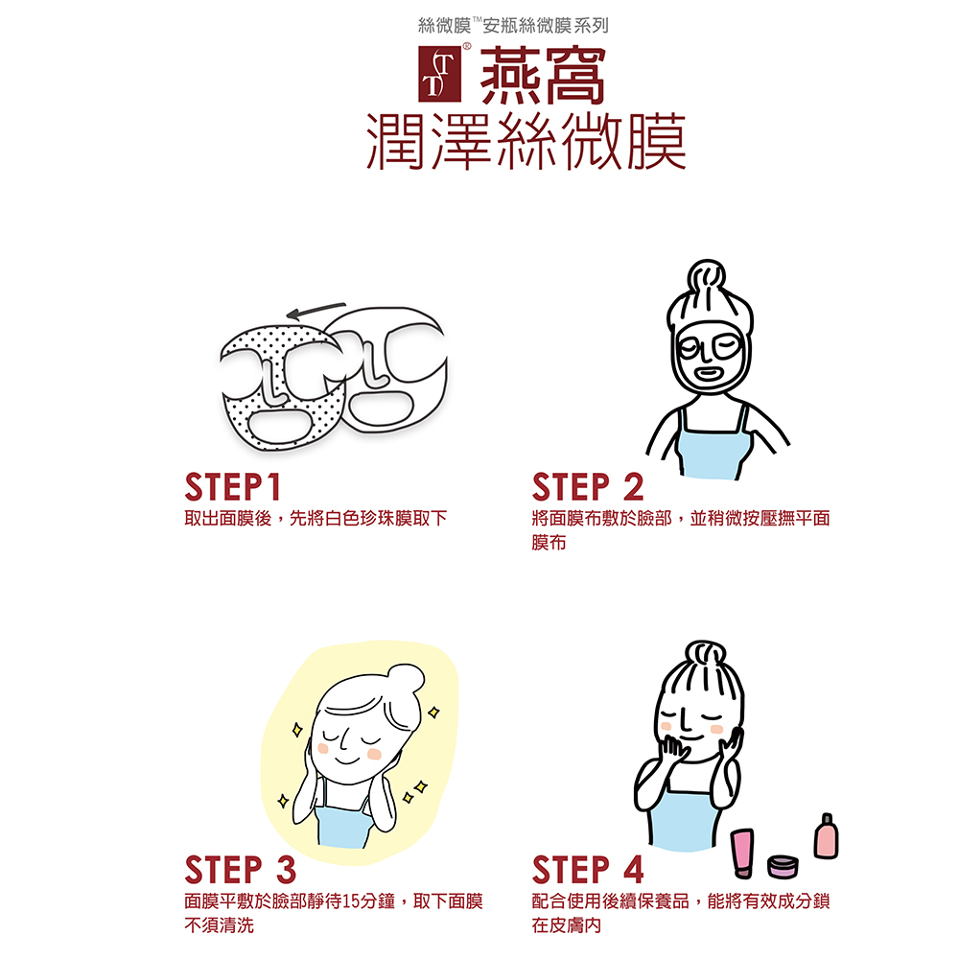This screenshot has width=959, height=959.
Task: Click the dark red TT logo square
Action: tap(439, 74)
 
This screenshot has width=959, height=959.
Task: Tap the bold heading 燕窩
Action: tap(543, 76)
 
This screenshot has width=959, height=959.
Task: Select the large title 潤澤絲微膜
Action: tap(526, 142)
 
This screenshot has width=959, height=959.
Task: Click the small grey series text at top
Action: tap(513, 26)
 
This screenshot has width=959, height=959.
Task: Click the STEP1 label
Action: tap(232, 487)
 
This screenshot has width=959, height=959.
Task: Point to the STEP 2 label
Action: tap(588, 487)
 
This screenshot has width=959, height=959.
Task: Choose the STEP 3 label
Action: tap(241, 870)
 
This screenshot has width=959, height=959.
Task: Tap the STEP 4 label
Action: tap(588, 870)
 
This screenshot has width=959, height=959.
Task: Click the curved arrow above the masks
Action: tap(316, 310)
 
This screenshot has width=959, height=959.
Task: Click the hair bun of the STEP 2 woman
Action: tap(706, 276)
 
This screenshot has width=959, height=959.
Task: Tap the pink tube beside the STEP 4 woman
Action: tap(742, 854)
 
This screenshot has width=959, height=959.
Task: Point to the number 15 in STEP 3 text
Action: tap(350, 901)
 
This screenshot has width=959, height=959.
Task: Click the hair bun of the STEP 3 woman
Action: tap(405, 678)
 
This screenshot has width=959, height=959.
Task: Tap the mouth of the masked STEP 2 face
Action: tap(707, 372)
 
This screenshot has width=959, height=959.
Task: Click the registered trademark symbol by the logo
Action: tap(467, 46)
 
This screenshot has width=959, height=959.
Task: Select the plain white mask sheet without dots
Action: tap(391, 367)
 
